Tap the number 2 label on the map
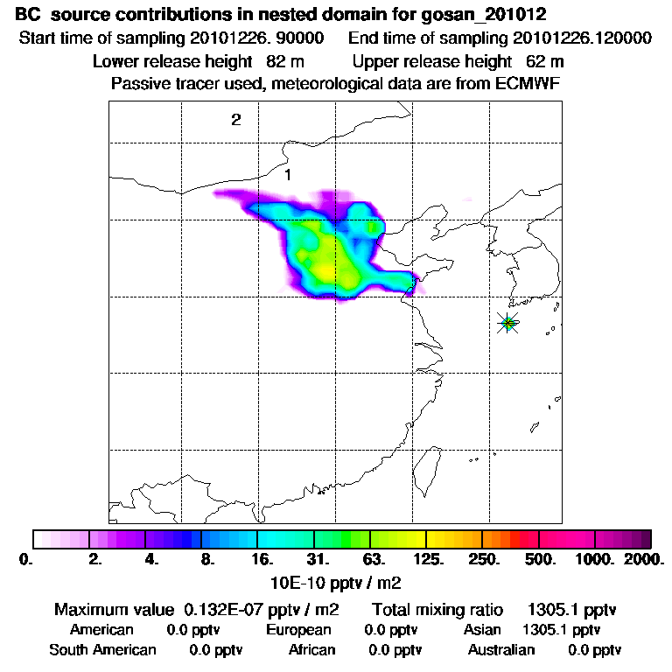[235, 121]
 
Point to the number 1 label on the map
[287, 175]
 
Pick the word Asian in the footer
[482, 630]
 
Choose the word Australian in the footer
[500, 650]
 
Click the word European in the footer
[298, 630]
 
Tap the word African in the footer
[311, 650]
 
